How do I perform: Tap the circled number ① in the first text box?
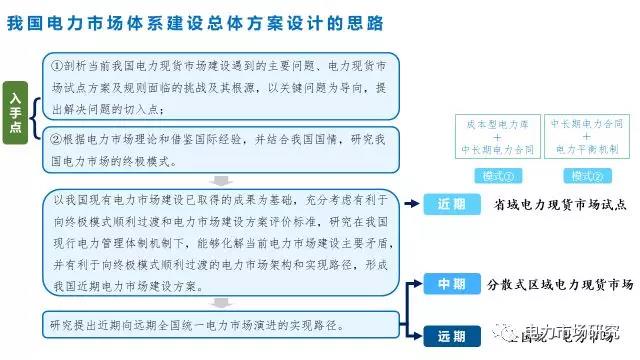coord(58,64)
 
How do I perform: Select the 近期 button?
coord(451,204)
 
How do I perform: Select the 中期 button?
coord(451,284)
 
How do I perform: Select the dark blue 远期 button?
coord(451,335)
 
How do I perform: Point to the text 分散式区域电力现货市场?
coord(560,285)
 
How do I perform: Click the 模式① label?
coord(497,177)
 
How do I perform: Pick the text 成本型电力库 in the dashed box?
coord(497,123)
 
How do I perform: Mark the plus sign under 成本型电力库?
coord(497,136)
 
